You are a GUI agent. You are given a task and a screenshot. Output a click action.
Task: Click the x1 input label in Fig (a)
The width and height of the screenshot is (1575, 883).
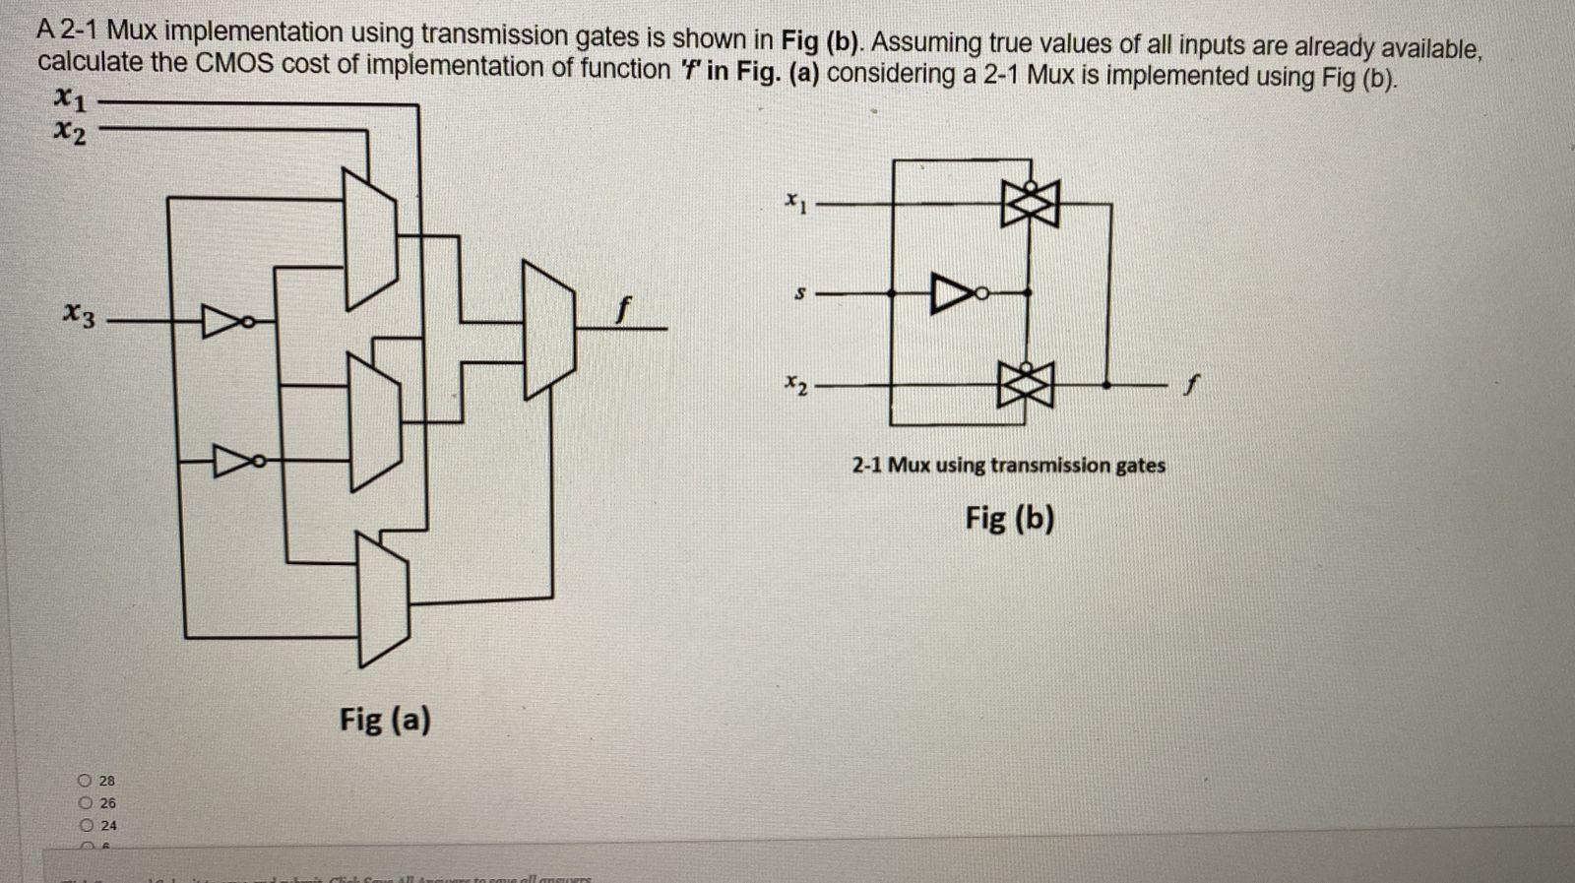tap(71, 99)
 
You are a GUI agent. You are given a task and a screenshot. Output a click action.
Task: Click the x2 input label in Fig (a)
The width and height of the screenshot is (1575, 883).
tap(71, 129)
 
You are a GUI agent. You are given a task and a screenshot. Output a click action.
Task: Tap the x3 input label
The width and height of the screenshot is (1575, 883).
tap(80, 316)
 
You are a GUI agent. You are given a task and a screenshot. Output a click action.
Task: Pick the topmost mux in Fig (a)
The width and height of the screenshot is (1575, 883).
tap(369, 237)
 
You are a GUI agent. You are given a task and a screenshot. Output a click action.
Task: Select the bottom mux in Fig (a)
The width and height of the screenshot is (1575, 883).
tap(383, 599)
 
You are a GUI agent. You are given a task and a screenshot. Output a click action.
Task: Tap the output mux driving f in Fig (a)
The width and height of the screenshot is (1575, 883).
tap(547, 330)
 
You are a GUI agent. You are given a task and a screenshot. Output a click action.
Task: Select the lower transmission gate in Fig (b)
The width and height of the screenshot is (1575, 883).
tap(1029, 384)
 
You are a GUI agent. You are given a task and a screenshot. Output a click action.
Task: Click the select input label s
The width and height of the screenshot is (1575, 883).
tap(800, 293)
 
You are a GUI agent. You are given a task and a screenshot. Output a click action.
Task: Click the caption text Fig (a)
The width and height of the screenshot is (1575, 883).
tap(385, 720)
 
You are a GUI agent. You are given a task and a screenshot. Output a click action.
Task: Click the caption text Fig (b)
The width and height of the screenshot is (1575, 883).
tap(1009, 517)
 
